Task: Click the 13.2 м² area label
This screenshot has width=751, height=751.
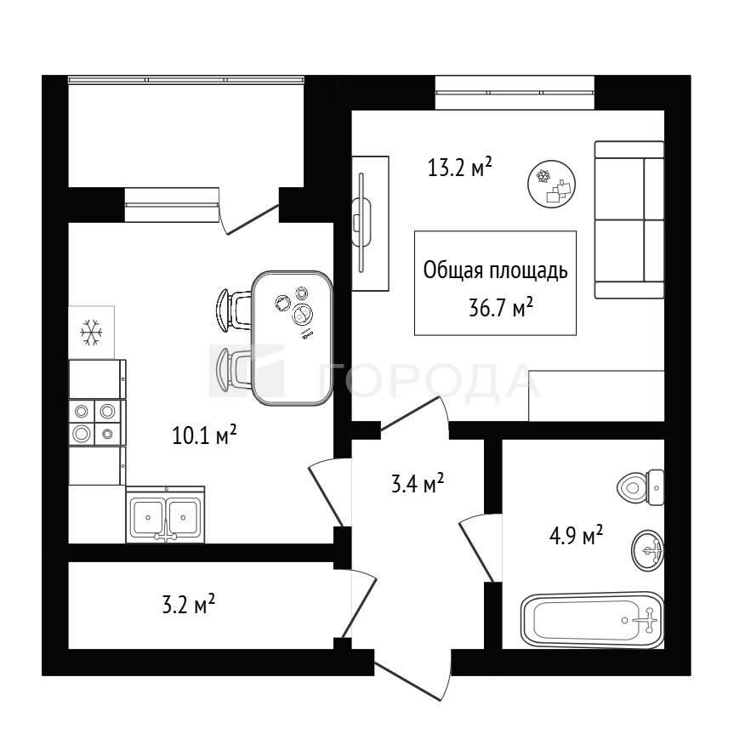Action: pyautogui.click(x=460, y=168)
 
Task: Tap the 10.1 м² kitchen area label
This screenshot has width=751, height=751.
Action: pyautogui.click(x=204, y=435)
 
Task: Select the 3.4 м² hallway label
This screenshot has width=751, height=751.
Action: pyautogui.click(x=418, y=484)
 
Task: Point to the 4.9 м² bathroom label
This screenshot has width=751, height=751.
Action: pyautogui.click(x=576, y=536)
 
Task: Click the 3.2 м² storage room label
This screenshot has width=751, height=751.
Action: pyautogui.click(x=188, y=605)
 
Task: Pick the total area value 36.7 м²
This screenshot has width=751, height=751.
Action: pyautogui.click(x=501, y=308)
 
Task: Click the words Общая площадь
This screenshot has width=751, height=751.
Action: pyautogui.click(x=496, y=271)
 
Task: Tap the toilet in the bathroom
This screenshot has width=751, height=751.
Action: pyautogui.click(x=640, y=487)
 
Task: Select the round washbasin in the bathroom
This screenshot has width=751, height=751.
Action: pyautogui.click(x=648, y=549)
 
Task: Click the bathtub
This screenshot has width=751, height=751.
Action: pyautogui.click(x=592, y=620)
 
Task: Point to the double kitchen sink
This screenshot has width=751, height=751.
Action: pyautogui.click(x=166, y=515)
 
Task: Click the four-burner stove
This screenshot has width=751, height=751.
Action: pyautogui.click(x=97, y=423)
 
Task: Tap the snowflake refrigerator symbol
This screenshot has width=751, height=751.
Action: pyautogui.click(x=91, y=333)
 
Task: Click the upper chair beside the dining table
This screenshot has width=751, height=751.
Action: pyautogui.click(x=233, y=310)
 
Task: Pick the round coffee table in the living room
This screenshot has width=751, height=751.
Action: pyautogui.click(x=551, y=184)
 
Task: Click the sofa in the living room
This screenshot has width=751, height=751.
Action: pyautogui.click(x=629, y=219)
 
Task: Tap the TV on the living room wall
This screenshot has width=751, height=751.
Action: pyautogui.click(x=361, y=223)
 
